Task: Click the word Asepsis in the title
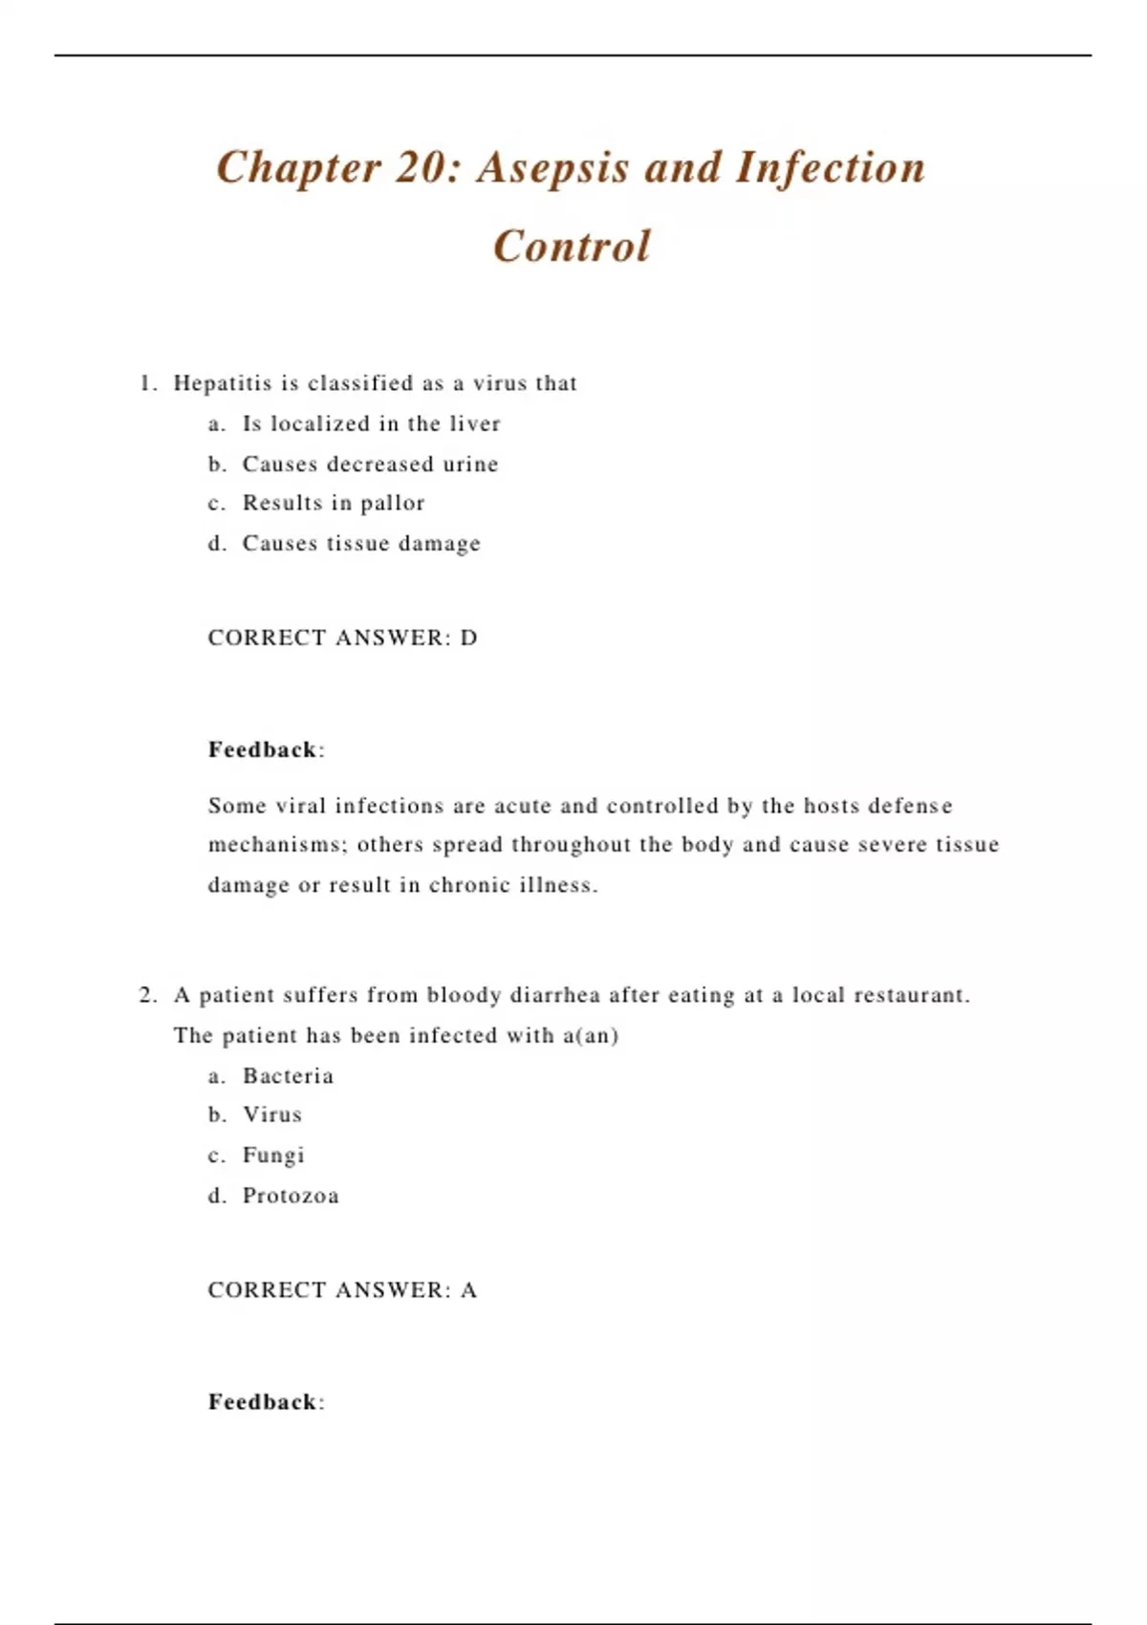click(553, 168)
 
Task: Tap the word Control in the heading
click(572, 247)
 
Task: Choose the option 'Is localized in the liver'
click(371, 423)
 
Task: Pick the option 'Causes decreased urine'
click(370, 465)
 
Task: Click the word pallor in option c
click(392, 504)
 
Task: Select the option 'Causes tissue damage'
click(361, 544)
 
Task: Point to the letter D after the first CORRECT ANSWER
click(468, 638)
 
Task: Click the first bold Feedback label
click(263, 749)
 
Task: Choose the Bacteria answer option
click(288, 1076)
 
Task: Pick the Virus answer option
click(272, 1115)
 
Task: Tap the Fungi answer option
click(273, 1156)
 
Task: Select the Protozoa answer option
click(291, 1196)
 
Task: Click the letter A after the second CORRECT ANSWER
click(468, 1290)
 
